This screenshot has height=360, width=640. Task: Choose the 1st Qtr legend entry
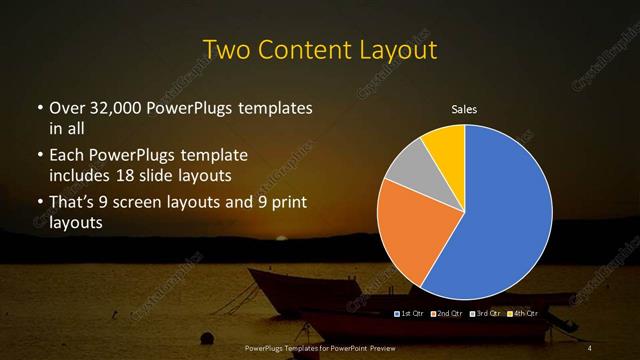click(x=413, y=314)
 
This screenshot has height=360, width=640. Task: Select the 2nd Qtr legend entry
click(x=449, y=314)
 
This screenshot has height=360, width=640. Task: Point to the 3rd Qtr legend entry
click(x=486, y=314)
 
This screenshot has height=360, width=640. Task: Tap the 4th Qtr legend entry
click(x=523, y=314)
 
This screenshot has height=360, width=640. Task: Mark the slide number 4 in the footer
click(x=590, y=347)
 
